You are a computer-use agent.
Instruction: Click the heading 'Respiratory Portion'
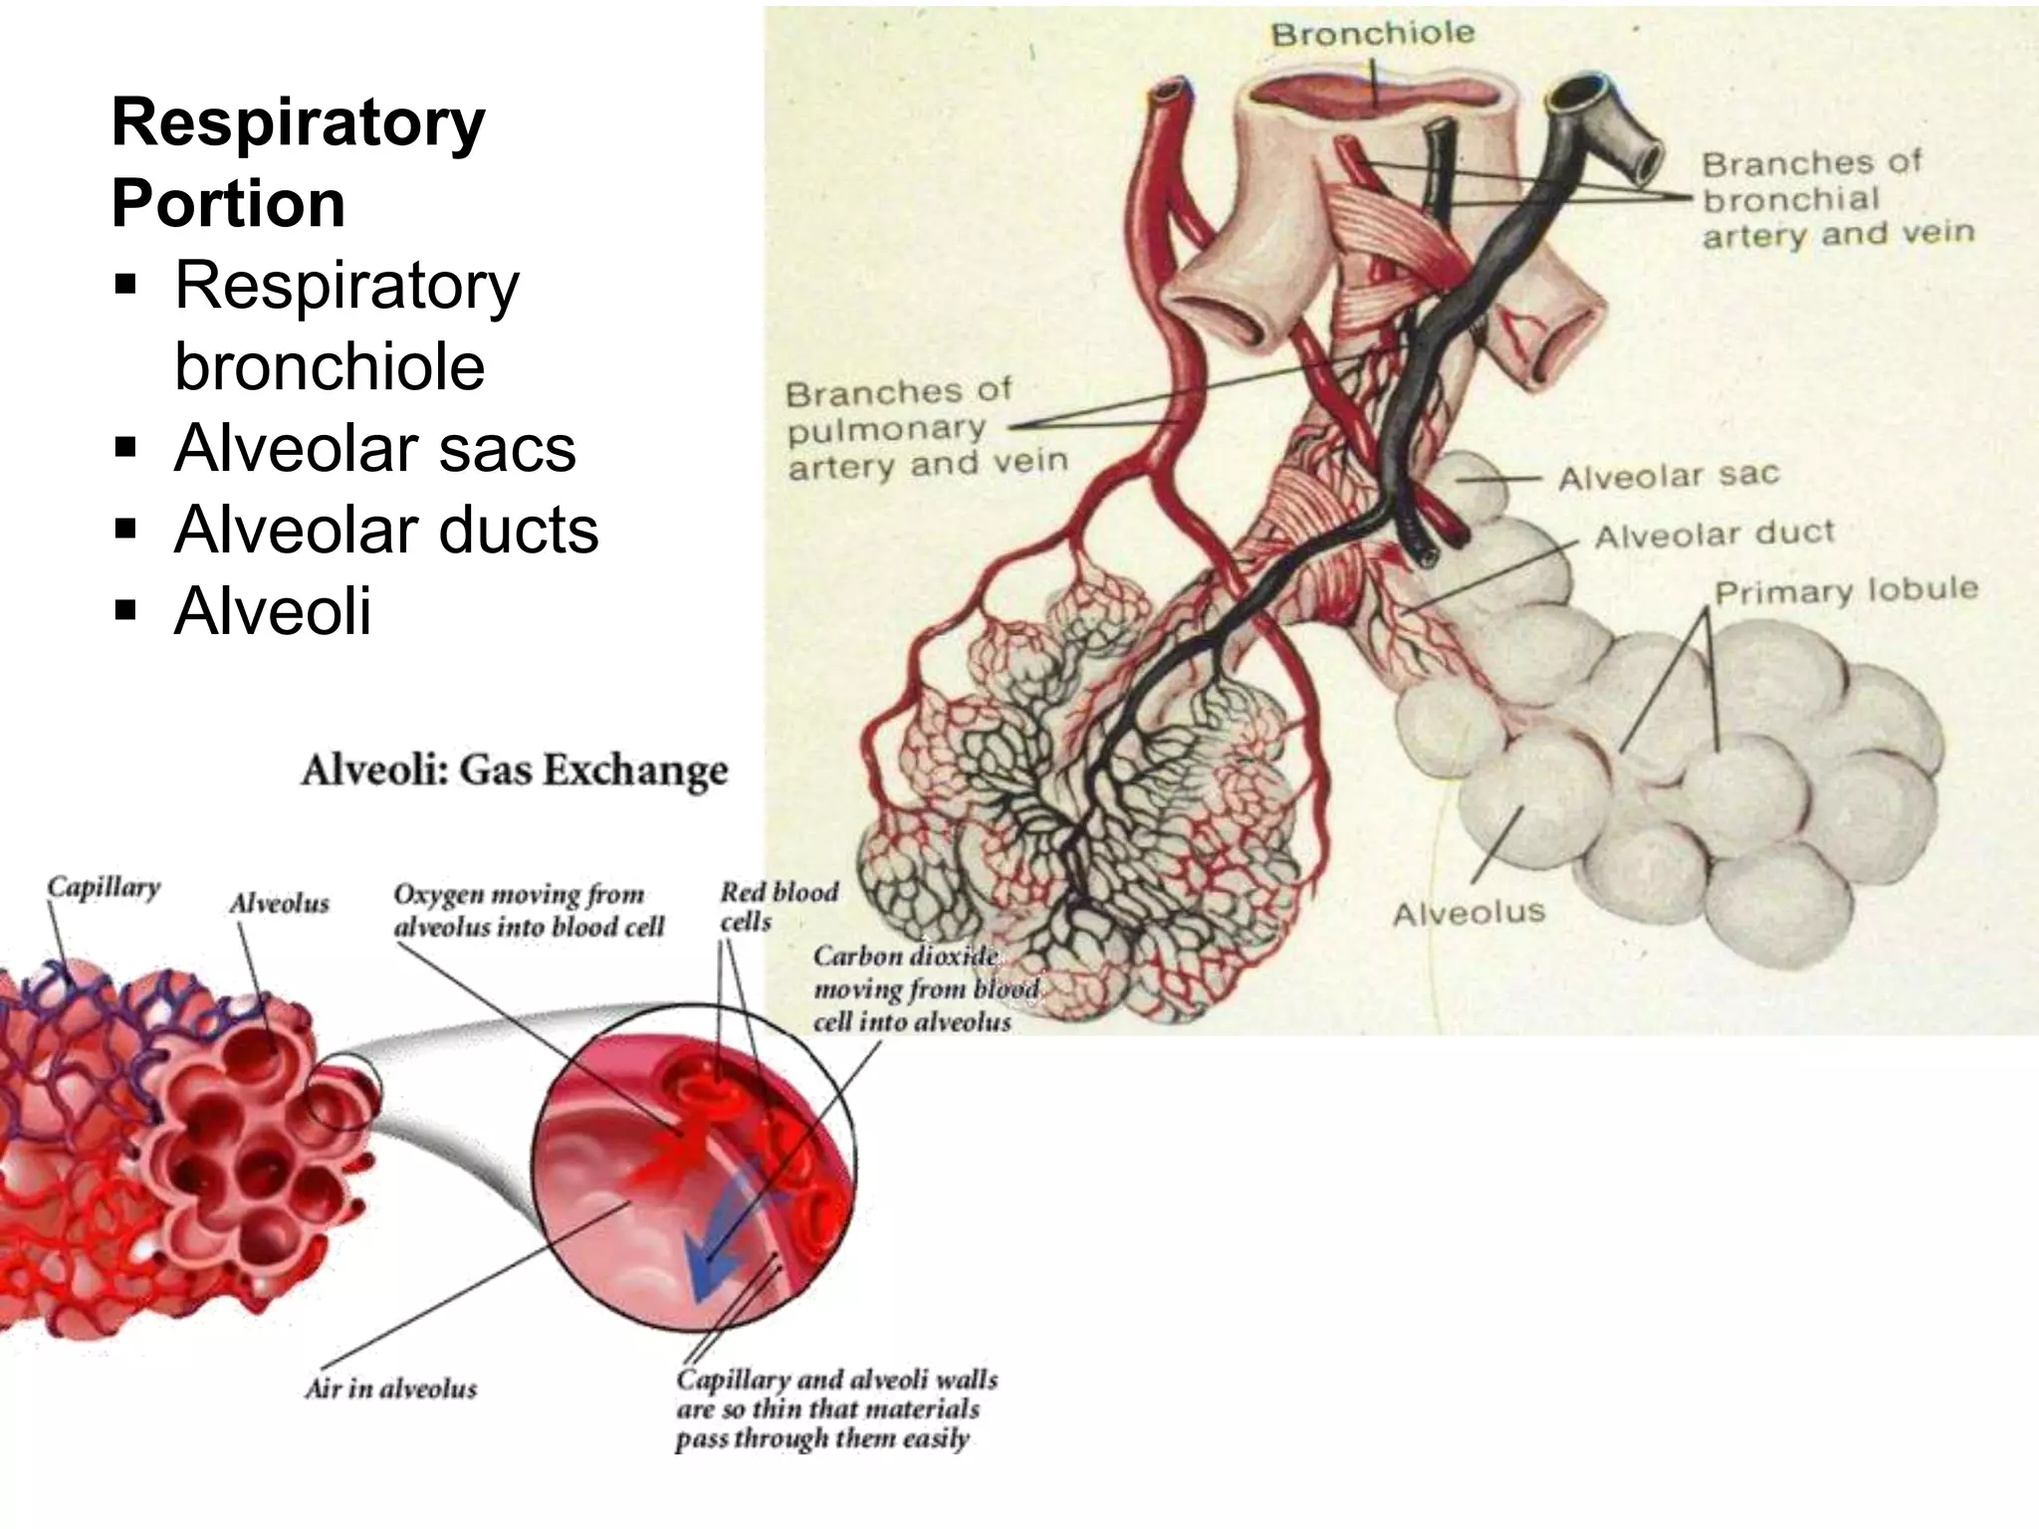(x=299, y=162)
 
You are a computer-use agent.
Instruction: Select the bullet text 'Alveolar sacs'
(x=375, y=448)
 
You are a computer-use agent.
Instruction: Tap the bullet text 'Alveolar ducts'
(x=386, y=530)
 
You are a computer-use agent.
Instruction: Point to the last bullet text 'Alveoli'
(x=273, y=610)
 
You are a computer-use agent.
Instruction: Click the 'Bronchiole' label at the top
(x=1372, y=35)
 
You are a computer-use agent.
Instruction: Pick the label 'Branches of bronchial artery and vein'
(x=1837, y=199)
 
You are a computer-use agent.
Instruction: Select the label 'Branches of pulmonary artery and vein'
(x=926, y=429)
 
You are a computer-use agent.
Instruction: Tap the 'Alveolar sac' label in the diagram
(x=1669, y=477)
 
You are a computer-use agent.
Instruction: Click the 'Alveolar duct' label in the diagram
(x=1713, y=535)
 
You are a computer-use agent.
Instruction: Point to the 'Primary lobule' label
(x=1846, y=591)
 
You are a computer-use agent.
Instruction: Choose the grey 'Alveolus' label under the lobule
(x=1469, y=913)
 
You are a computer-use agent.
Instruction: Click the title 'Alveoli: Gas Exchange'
(x=514, y=770)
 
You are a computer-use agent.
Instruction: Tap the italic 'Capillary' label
(x=104, y=887)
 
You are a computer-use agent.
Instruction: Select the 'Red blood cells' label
(x=779, y=906)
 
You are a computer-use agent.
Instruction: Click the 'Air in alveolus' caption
(x=391, y=1388)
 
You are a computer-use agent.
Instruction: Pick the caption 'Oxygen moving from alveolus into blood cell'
(x=528, y=910)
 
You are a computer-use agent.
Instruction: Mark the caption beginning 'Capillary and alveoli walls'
(x=836, y=1409)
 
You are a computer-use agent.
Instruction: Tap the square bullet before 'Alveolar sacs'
(x=124, y=448)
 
